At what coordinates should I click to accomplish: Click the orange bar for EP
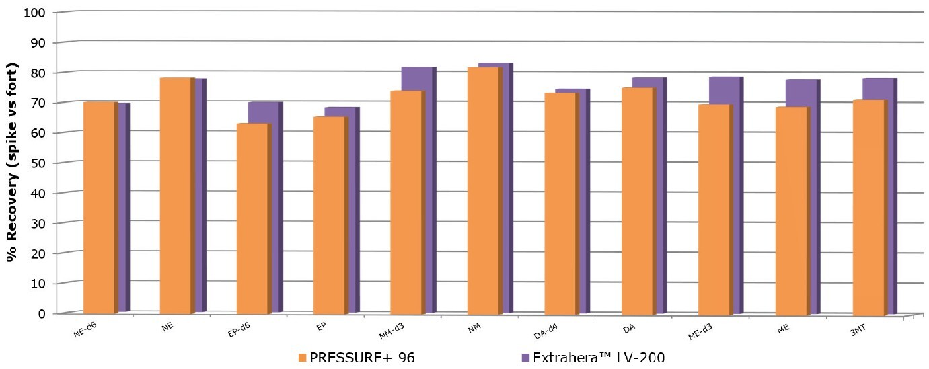329,215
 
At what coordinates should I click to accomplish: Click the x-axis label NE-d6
85,328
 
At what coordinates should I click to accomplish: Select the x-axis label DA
627,328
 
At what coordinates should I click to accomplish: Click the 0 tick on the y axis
41,313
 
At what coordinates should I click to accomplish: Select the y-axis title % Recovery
13,163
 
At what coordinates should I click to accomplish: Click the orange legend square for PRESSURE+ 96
302,357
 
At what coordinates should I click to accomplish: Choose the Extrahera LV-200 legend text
598,357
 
